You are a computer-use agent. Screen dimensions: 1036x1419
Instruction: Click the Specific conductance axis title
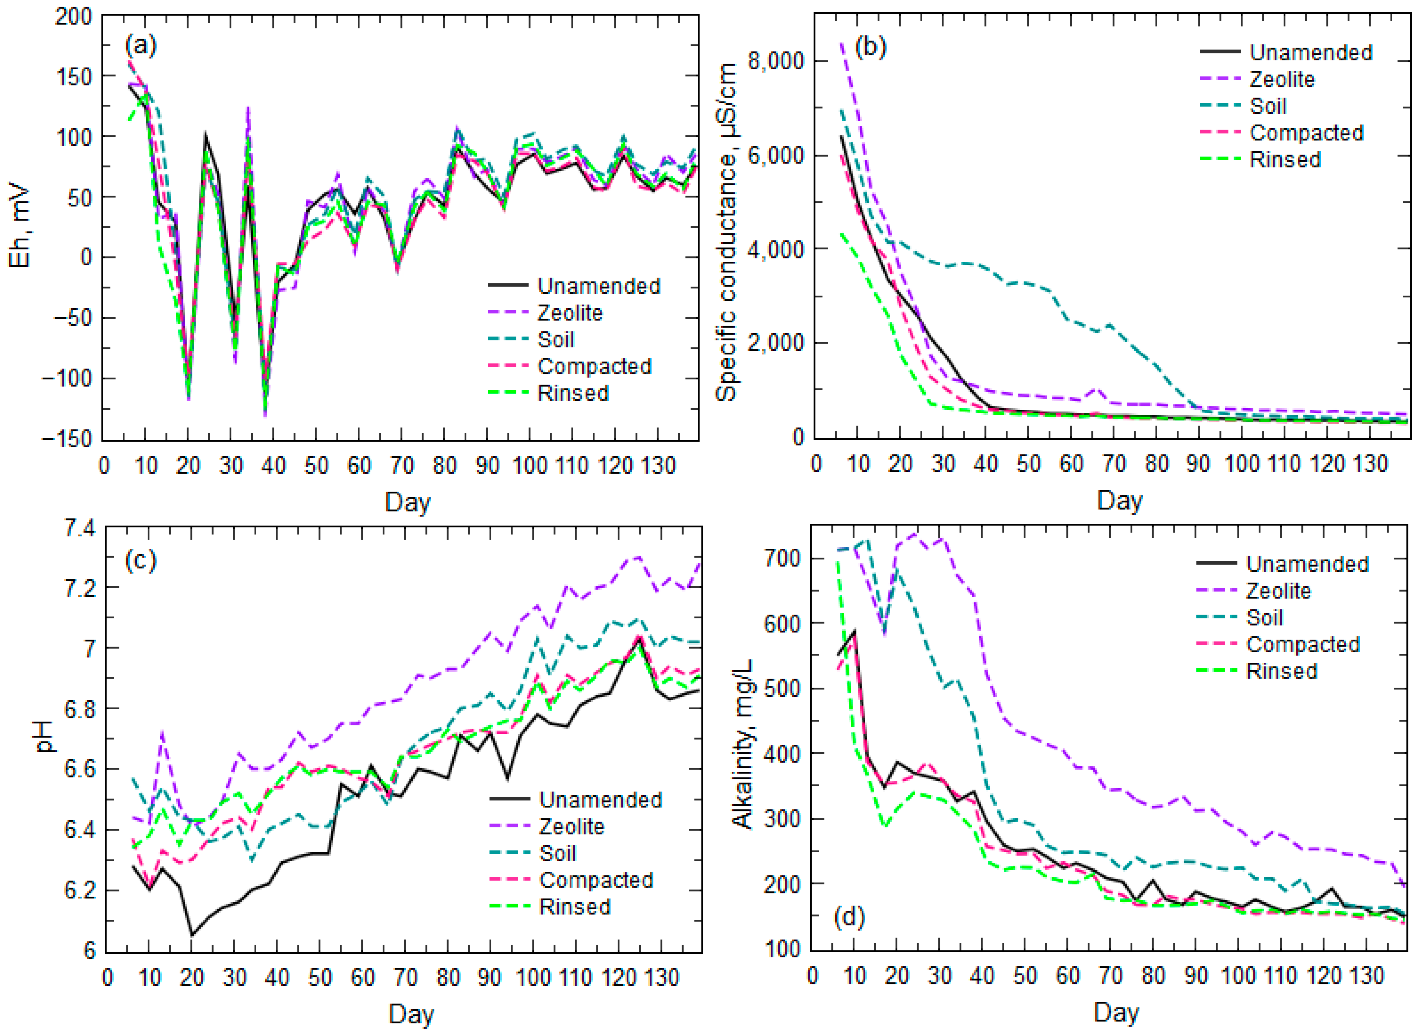click(726, 232)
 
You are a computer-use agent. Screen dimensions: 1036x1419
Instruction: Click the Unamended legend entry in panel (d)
click(1307, 564)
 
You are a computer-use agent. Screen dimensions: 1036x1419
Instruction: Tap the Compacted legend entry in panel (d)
click(1302, 644)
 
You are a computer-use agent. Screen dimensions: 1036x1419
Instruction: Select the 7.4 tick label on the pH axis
click(80, 528)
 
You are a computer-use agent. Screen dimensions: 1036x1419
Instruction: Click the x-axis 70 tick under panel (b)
click(1114, 464)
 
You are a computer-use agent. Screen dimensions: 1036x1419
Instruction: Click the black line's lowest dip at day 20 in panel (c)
click(192, 935)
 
